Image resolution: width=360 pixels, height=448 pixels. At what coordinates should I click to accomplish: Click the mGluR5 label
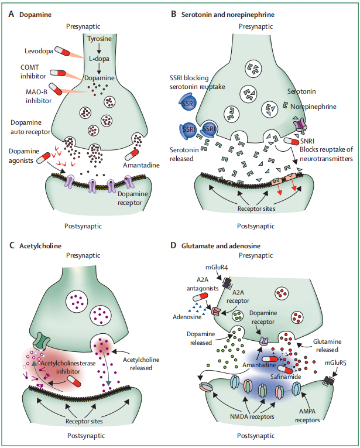(338, 362)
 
